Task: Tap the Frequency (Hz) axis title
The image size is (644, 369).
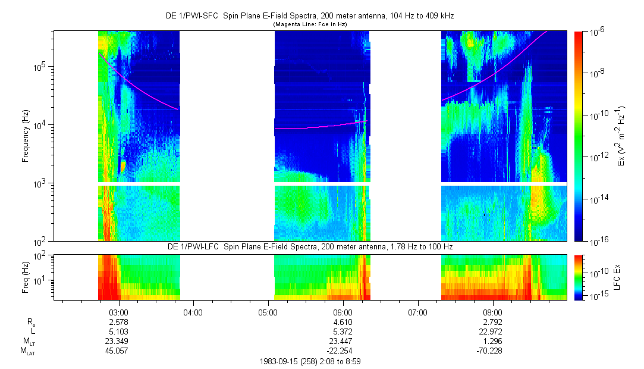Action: [25, 136]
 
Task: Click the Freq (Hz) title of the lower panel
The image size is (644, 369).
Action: [25, 277]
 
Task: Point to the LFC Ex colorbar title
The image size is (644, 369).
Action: [618, 277]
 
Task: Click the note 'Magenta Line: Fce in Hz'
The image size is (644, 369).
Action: [309, 24]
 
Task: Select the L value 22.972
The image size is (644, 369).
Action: [493, 332]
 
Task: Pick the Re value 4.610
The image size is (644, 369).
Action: [343, 322]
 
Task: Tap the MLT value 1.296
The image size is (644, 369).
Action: [493, 341]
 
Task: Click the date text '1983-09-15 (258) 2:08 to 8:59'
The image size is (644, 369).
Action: [310, 361]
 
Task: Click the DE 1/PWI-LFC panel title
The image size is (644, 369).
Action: [309, 247]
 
